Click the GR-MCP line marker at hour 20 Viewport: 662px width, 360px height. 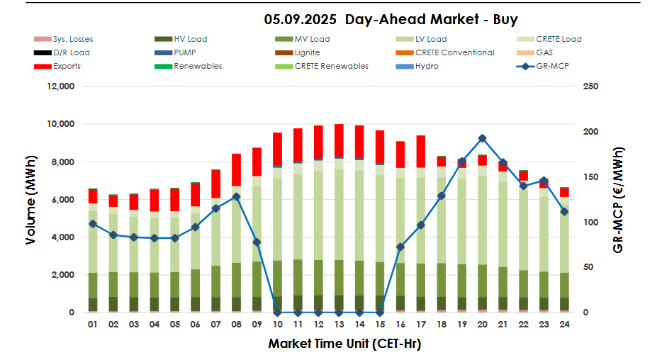[x=482, y=139]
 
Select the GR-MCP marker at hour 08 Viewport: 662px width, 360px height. [x=236, y=196]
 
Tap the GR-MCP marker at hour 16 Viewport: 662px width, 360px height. [x=400, y=247]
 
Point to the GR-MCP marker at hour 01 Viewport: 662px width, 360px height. [x=92, y=224]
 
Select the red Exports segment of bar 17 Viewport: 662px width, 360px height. [x=420, y=151]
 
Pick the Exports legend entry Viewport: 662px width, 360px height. [x=67, y=66]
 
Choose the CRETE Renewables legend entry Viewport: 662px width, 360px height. [x=331, y=66]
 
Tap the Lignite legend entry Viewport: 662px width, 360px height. [x=306, y=52]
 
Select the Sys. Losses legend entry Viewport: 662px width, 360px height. [x=72, y=39]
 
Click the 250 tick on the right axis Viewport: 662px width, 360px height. [x=590, y=86]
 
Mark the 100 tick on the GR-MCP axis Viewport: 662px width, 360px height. [x=590, y=223]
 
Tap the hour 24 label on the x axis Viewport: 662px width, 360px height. [x=564, y=325]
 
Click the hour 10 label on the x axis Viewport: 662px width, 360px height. [x=277, y=325]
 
